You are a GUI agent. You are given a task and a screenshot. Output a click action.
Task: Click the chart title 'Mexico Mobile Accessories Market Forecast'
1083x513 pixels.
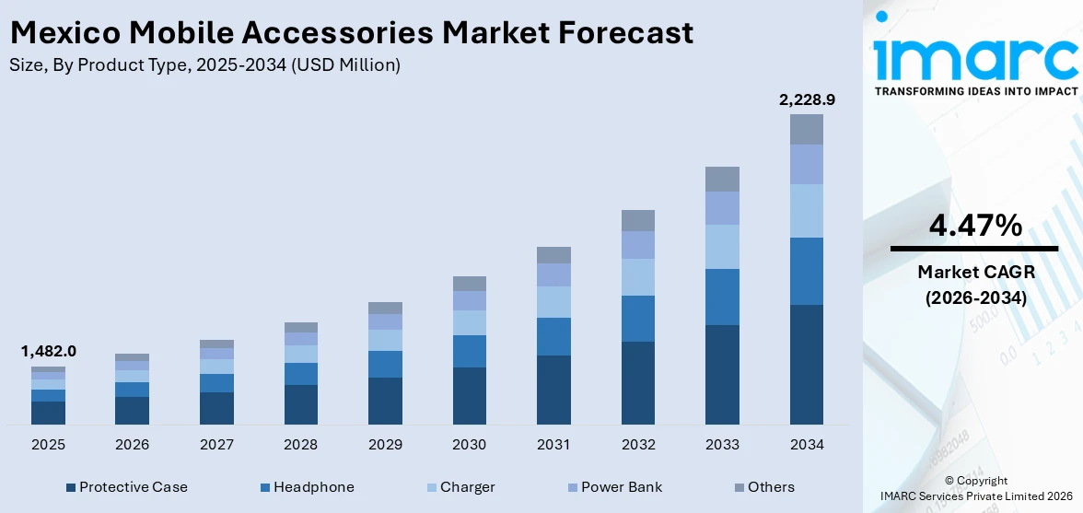(x=351, y=33)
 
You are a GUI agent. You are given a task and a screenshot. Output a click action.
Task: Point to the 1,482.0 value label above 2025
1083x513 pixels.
(x=48, y=351)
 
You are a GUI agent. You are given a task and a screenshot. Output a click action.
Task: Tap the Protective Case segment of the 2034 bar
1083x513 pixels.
(x=806, y=364)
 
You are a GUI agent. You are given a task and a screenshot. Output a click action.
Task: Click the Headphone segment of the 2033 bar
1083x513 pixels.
(x=722, y=297)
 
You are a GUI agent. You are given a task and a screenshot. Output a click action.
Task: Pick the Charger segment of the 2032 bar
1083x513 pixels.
(x=637, y=276)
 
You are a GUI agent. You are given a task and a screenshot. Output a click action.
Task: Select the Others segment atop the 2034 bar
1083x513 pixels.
(x=806, y=129)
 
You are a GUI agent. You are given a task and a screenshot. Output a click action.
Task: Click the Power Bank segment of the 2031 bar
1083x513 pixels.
(x=553, y=274)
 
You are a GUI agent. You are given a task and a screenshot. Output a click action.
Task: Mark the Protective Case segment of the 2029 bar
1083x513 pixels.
(x=385, y=401)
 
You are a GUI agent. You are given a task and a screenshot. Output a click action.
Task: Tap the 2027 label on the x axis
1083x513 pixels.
(x=216, y=445)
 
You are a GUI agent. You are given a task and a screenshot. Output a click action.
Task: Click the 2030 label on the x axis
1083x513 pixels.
(x=469, y=445)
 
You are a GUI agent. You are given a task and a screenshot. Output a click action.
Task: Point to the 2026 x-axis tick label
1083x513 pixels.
(x=132, y=445)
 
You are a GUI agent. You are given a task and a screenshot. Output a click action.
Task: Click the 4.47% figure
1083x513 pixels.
(x=973, y=225)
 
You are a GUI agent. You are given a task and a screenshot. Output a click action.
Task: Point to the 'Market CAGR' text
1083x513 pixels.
(x=973, y=272)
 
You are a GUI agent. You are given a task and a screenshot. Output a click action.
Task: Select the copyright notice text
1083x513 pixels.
(x=975, y=488)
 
